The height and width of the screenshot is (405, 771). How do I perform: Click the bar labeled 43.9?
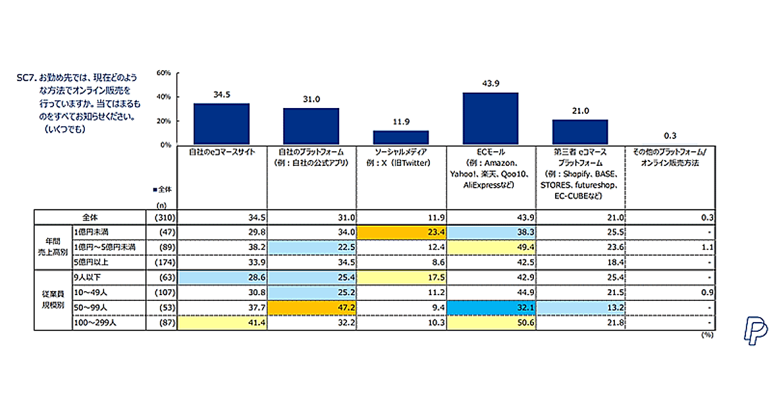pyautogui.click(x=490, y=119)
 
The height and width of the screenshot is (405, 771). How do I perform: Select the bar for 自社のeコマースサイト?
pyautogui.click(x=222, y=124)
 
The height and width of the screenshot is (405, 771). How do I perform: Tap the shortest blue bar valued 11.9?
pyautogui.click(x=401, y=138)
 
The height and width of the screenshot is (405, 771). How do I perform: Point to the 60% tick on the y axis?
pyautogui.click(x=164, y=73)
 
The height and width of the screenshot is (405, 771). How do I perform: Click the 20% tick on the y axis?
pyautogui.click(x=164, y=121)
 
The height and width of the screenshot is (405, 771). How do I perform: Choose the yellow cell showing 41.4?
pyautogui.click(x=222, y=323)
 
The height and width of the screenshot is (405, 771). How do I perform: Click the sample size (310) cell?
pyautogui.click(x=160, y=217)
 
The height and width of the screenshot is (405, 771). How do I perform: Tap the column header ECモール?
pyautogui.click(x=490, y=152)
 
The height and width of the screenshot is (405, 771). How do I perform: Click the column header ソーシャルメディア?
pyautogui.click(x=401, y=152)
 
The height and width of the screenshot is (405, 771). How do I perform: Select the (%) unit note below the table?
pyautogui.click(x=705, y=335)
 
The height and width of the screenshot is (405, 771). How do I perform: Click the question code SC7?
pyautogui.click(x=26, y=76)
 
